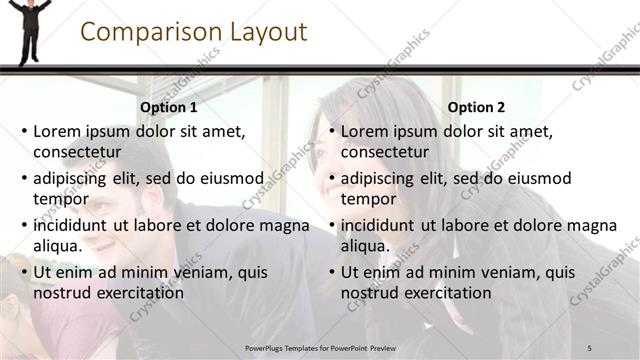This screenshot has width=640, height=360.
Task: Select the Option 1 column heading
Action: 169,107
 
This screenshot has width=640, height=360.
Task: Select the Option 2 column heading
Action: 477,107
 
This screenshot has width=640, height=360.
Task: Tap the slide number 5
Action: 589,347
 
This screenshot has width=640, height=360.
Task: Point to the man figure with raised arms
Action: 29,30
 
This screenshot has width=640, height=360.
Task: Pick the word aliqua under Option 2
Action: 364,246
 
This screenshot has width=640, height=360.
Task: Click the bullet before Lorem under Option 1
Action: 24,131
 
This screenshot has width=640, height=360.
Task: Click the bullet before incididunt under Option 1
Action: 24,226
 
